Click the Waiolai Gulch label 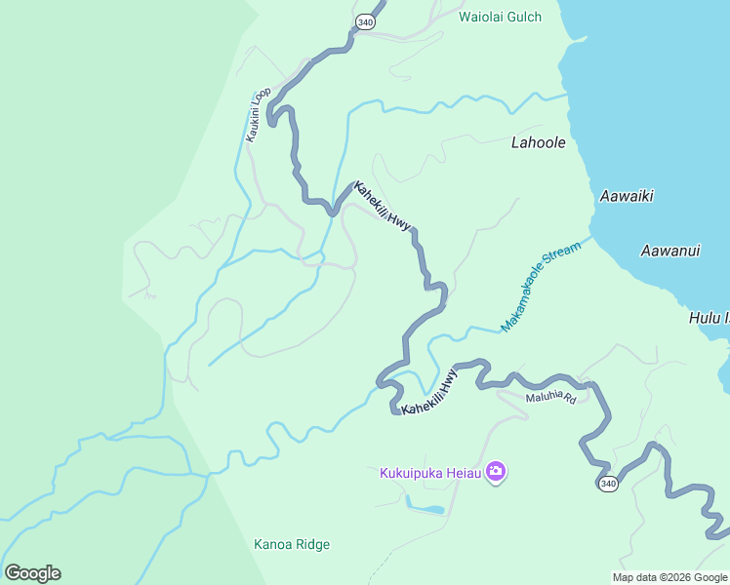pyautogui.click(x=500, y=17)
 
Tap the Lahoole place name pyautogui.click(x=538, y=142)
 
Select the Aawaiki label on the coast pyautogui.click(x=626, y=196)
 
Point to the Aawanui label pyautogui.click(x=670, y=251)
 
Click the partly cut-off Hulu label pyautogui.click(x=709, y=318)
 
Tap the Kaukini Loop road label pyautogui.click(x=259, y=115)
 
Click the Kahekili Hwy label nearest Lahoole pyautogui.click(x=383, y=207)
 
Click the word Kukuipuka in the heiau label pyautogui.click(x=411, y=474)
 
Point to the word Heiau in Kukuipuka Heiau pyautogui.click(x=464, y=474)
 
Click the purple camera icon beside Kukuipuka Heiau pyautogui.click(x=496, y=473)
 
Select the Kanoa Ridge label pyautogui.click(x=292, y=544)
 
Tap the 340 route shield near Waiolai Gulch pyautogui.click(x=365, y=21)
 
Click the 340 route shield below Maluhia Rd pyautogui.click(x=608, y=484)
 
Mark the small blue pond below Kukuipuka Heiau pyautogui.click(x=426, y=509)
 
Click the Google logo pyautogui.click(x=32, y=573)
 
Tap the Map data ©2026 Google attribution pyautogui.click(x=669, y=577)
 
